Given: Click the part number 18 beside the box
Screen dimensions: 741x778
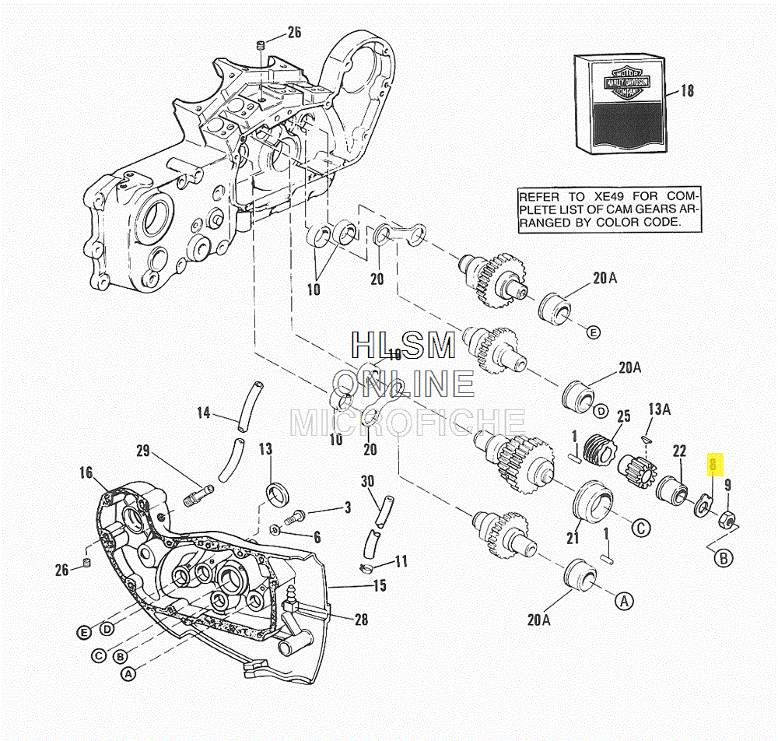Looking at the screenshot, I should click(686, 91).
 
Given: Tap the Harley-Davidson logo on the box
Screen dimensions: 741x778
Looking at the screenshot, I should click(624, 81).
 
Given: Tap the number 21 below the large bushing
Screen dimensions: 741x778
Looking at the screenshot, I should click(573, 537).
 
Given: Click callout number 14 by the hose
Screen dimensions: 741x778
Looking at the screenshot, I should click(203, 413).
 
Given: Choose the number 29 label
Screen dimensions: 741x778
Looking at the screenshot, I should click(142, 450).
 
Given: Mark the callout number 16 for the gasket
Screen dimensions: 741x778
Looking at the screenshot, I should click(86, 472).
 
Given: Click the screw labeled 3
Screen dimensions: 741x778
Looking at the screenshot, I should click(299, 514).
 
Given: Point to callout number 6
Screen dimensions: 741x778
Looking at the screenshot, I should click(317, 536).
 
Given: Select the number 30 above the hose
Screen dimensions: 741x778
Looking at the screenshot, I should click(367, 481).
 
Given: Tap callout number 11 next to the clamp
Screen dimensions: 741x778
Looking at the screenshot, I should click(401, 560).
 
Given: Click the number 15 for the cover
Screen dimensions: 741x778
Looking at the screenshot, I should click(380, 585).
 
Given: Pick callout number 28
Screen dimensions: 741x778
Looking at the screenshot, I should click(361, 620).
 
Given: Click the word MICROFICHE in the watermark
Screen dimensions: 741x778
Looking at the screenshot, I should click(407, 422).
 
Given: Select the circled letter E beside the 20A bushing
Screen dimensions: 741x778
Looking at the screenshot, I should click(594, 332).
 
